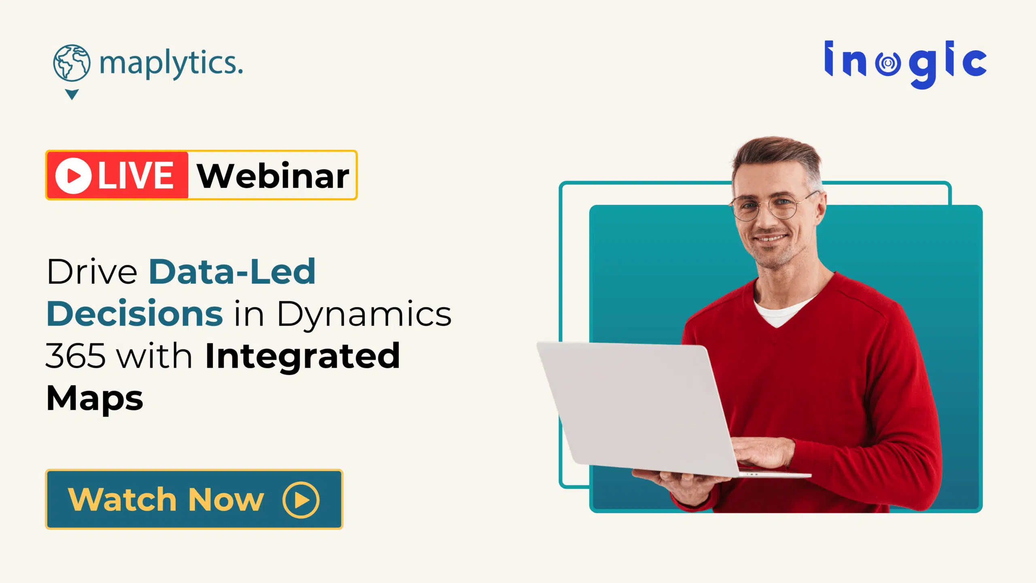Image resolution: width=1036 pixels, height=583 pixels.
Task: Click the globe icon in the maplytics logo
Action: point(72,63)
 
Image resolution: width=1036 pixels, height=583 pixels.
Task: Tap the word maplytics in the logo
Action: point(171,64)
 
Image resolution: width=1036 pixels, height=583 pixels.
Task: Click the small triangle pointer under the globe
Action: point(72,94)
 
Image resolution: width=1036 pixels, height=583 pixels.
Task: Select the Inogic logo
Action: point(905,64)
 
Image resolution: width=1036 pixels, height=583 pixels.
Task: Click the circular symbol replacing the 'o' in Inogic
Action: point(888,63)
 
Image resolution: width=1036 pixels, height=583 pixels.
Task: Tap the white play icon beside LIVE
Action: point(73,175)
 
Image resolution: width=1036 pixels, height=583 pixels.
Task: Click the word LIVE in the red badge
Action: point(136,175)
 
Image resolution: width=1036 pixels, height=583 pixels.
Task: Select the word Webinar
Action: point(273,176)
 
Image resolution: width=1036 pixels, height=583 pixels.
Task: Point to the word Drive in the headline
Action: point(92,272)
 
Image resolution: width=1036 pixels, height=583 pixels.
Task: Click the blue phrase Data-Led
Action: point(232,272)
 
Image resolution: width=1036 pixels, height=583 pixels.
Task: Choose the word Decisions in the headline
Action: point(135,314)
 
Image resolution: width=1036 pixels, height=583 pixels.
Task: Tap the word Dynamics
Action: point(364,315)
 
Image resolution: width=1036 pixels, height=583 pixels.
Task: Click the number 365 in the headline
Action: point(76,356)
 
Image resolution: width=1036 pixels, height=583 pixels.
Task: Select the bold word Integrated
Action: point(303,356)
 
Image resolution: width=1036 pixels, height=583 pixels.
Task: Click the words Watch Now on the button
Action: point(166,500)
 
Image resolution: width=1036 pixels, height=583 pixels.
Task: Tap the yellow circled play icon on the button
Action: point(301,500)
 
